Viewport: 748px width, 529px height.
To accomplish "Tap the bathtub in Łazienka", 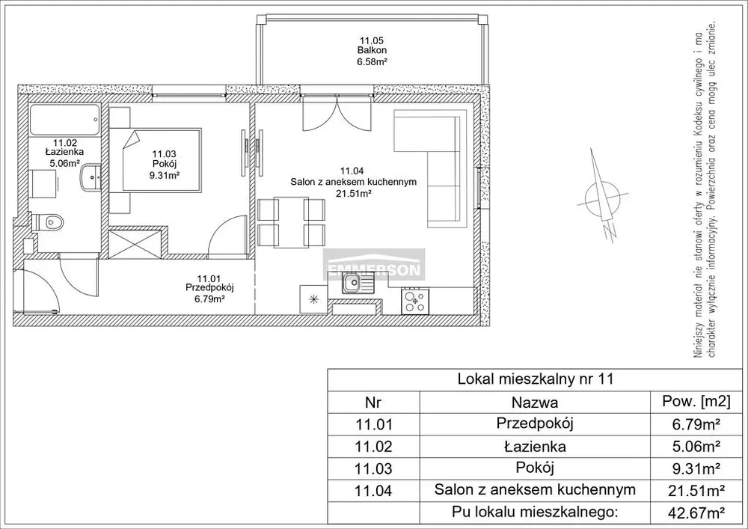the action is [x=65, y=120].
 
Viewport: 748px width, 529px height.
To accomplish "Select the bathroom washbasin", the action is [x=91, y=177].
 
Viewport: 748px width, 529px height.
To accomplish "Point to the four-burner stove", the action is [x=415, y=301].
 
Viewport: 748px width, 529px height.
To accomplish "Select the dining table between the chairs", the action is [x=291, y=222].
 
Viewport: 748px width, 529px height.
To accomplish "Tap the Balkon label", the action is [x=372, y=50].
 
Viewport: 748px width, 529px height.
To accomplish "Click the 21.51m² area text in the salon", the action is [x=354, y=193].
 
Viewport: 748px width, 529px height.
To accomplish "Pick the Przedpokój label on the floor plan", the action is [x=211, y=287].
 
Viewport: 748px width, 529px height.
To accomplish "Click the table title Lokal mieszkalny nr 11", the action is [x=536, y=379].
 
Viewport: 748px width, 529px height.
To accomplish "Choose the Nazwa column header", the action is [x=535, y=403].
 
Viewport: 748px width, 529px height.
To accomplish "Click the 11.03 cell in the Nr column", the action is [x=374, y=468].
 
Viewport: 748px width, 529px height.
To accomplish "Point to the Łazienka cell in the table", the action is [x=535, y=447].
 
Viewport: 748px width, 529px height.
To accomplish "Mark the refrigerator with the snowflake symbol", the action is [x=314, y=299].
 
